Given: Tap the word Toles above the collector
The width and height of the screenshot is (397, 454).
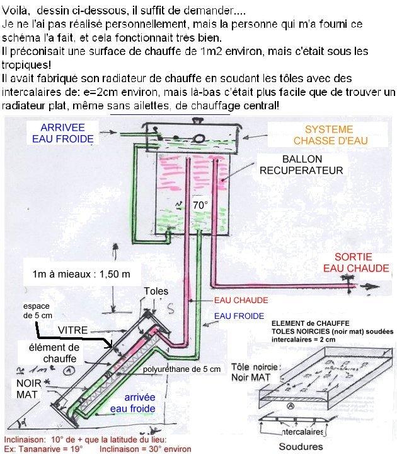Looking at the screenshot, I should [x=156, y=290].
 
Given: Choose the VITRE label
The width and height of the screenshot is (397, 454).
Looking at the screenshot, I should [x=74, y=330].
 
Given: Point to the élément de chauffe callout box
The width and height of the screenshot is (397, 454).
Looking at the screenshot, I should [x=57, y=352].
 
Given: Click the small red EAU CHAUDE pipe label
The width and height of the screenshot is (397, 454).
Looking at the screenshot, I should [x=241, y=300].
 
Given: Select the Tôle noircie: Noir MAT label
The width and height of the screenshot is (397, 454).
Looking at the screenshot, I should [x=255, y=371].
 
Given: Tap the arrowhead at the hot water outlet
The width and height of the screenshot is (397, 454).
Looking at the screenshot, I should [x=374, y=286].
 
